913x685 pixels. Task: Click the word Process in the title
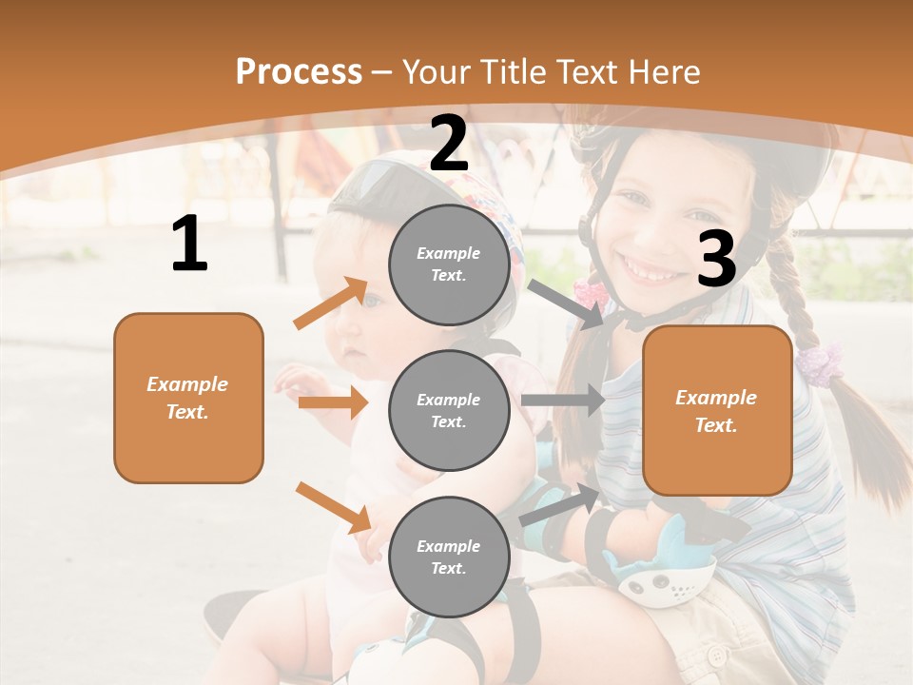[x=299, y=72]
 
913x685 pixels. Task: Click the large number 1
[x=189, y=245]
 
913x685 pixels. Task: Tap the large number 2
[x=449, y=144]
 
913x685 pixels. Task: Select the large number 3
[x=716, y=259]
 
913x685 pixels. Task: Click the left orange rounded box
[x=188, y=398]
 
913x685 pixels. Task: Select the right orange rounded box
[x=717, y=410]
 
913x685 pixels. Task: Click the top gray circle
[x=449, y=264]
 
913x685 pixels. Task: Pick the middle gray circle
[x=449, y=410]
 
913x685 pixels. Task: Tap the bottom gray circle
[x=449, y=557]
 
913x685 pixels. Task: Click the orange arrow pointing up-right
[x=331, y=303]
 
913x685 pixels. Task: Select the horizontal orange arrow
[x=333, y=402]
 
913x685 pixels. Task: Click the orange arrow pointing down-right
[x=333, y=507]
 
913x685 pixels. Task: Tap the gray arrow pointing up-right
[x=561, y=504]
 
